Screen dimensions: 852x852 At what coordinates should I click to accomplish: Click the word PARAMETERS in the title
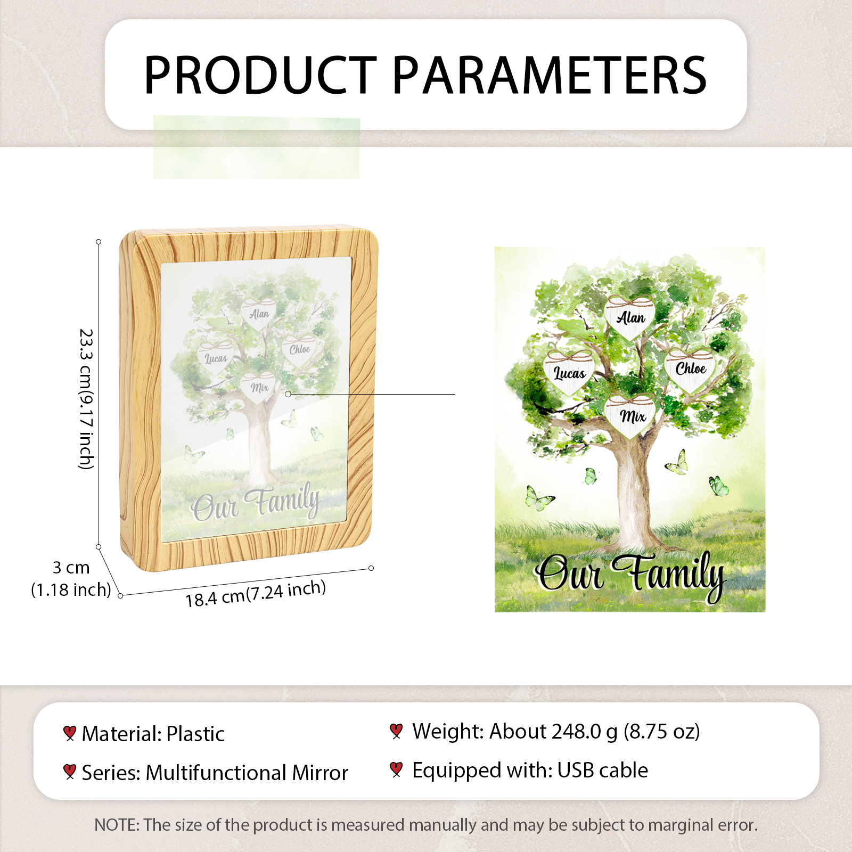[550, 75]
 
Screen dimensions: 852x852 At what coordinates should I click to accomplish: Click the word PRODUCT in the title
[260, 75]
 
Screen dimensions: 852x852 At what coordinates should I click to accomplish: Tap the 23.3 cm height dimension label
[86, 399]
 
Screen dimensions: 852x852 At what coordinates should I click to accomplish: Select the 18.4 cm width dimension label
[256, 593]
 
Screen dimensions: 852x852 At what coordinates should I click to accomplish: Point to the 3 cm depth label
[71, 568]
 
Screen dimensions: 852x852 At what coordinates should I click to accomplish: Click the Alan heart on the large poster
[630, 317]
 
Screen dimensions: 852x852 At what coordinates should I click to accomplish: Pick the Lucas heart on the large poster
[569, 373]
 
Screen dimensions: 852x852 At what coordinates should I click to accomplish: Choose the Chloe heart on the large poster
[690, 368]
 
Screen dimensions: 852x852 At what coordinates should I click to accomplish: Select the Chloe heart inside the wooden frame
[299, 349]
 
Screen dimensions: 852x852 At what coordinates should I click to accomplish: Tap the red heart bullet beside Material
[69, 733]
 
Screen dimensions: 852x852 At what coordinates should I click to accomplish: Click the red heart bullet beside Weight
[396, 731]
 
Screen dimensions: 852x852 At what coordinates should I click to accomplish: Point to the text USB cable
[603, 770]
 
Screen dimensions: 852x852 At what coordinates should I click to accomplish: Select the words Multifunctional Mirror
[247, 773]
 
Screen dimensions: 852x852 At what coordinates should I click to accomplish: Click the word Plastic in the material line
[195, 734]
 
